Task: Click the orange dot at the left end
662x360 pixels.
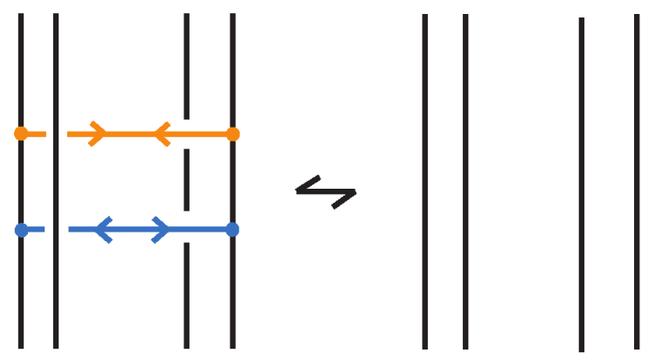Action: (21, 134)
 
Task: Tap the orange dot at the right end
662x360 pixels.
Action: (232, 134)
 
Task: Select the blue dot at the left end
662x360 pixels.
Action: (21, 230)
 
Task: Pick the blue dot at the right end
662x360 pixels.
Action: (232, 230)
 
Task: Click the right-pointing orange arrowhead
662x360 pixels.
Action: (98, 134)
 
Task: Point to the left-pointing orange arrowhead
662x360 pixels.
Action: (162, 134)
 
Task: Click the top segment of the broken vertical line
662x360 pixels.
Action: (187, 66)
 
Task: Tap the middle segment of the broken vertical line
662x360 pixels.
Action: (187, 180)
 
